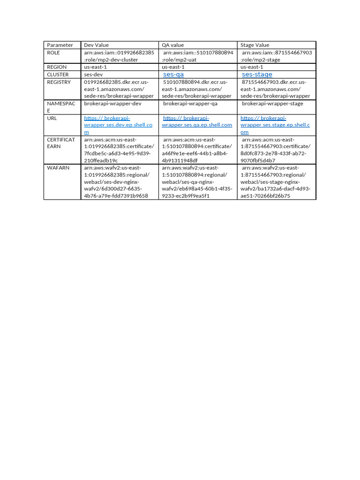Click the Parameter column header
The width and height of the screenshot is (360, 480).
(60, 45)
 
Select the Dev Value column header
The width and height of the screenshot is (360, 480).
(96, 45)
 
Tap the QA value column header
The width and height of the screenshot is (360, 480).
(173, 45)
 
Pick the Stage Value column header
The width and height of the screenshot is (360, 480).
(255, 45)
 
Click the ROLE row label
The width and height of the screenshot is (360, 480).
(53, 52)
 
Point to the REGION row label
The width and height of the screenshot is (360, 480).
(57, 67)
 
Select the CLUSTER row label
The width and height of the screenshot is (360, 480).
(58, 75)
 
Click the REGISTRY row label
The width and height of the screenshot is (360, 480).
(59, 82)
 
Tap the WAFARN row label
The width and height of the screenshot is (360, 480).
(58, 167)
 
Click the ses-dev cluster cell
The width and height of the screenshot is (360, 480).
(93, 75)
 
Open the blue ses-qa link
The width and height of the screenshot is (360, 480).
(173, 75)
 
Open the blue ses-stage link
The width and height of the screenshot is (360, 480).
(257, 75)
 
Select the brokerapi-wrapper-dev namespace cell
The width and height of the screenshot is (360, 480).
(112, 104)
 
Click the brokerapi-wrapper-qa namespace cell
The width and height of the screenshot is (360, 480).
(190, 104)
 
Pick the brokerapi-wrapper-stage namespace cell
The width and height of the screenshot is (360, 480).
(272, 104)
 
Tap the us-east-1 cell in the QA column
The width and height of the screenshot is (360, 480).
(174, 67)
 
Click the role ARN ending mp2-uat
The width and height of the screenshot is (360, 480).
(197, 56)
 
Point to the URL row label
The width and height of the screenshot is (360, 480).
(52, 118)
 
